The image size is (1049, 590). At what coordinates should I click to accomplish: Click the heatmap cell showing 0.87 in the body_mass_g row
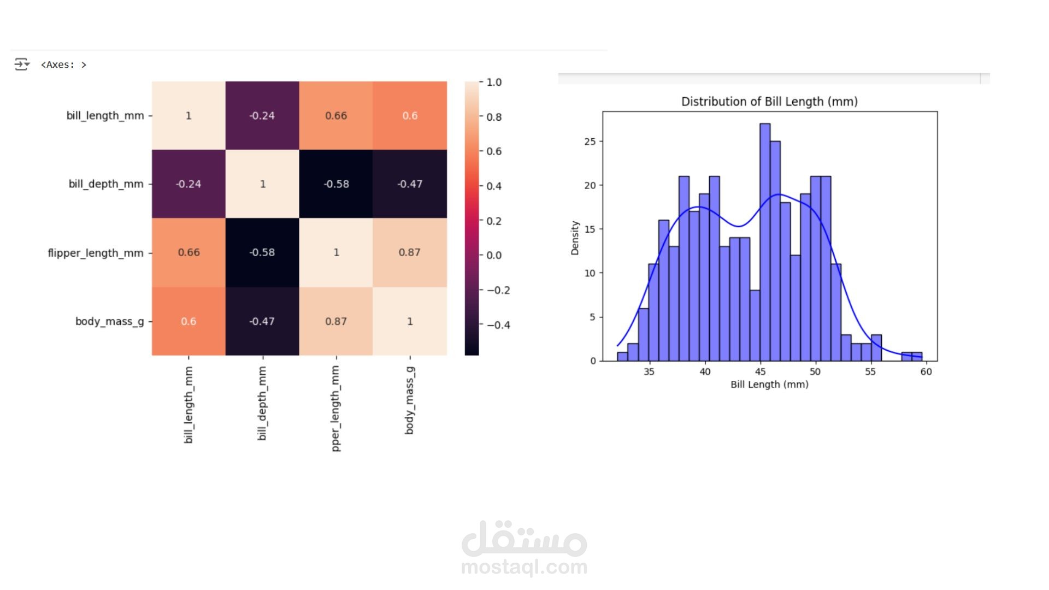pos(335,321)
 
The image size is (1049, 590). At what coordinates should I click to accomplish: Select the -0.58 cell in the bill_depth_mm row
pos(335,184)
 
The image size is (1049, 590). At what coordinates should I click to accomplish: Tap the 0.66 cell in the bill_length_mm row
pos(335,116)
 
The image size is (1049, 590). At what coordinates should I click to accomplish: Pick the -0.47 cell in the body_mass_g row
pos(262,321)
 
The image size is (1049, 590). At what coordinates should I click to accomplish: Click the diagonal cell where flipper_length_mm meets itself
pos(335,252)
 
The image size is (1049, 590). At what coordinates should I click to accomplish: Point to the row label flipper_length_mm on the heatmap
pos(96,253)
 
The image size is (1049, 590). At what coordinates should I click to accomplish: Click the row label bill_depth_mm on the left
pos(106,184)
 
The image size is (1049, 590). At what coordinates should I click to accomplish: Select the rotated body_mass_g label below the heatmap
pos(410,400)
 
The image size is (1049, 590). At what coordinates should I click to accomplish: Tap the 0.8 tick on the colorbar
pos(494,117)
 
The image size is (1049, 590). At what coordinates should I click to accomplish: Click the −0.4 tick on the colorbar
pos(498,325)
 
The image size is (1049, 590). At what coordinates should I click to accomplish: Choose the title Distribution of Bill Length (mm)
pos(769,102)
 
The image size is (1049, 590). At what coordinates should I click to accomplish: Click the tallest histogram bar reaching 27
pos(765,240)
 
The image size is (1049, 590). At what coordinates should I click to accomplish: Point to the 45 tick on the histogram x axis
pos(761,371)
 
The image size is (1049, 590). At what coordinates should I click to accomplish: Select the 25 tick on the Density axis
pos(590,141)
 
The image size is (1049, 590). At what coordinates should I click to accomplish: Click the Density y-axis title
pos(575,238)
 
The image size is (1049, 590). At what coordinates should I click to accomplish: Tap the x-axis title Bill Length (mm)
pos(769,385)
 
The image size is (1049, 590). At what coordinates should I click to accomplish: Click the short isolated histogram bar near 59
pos(912,357)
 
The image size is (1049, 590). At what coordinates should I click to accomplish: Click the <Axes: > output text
pos(63,64)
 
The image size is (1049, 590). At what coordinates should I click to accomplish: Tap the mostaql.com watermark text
pos(524,567)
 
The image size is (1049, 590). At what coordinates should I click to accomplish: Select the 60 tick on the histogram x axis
pos(926,371)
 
